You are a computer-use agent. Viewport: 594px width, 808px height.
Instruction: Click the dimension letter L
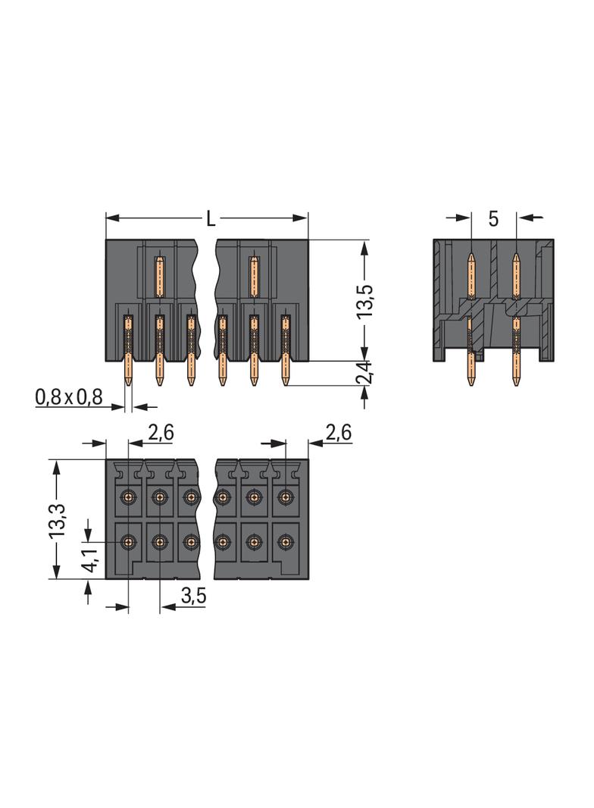(211, 218)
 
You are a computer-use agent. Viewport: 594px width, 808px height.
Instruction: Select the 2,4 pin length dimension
(364, 372)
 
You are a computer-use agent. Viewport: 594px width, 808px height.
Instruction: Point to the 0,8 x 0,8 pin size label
(69, 396)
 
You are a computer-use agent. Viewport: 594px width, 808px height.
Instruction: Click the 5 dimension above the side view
(493, 219)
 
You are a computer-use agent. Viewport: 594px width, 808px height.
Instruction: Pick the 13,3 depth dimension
(57, 521)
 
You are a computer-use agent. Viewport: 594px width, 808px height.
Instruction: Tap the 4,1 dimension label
(89, 560)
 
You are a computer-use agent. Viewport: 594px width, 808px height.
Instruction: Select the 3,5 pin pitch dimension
(194, 596)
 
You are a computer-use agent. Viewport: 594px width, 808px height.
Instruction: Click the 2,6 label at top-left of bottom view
(161, 433)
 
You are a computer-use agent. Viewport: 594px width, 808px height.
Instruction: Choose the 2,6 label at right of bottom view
(339, 432)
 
